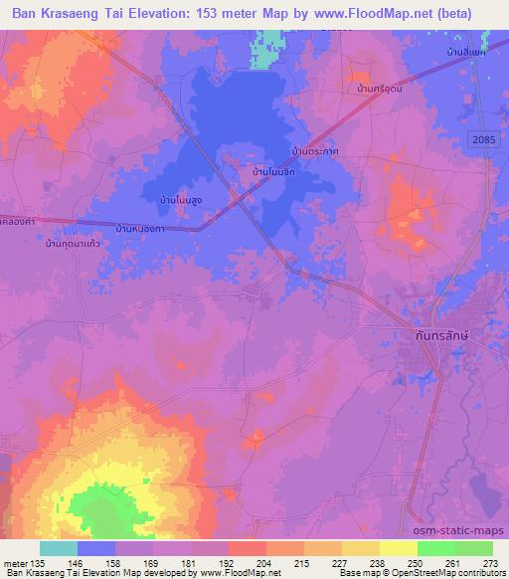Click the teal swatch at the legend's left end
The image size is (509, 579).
tap(59, 548)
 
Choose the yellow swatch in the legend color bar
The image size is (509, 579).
tap(399, 548)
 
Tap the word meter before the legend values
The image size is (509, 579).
tap(15, 562)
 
